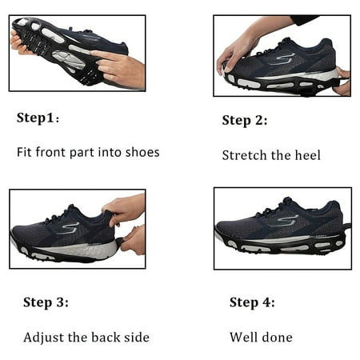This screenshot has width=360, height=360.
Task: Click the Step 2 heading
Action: point(245,121)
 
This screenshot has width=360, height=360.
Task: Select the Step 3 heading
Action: point(46,302)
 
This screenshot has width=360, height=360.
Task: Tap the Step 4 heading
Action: point(252,302)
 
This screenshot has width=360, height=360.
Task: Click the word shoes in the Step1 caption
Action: point(142,152)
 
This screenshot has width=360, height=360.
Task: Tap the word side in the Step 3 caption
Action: point(134,337)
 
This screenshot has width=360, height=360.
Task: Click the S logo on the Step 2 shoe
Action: point(286,58)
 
